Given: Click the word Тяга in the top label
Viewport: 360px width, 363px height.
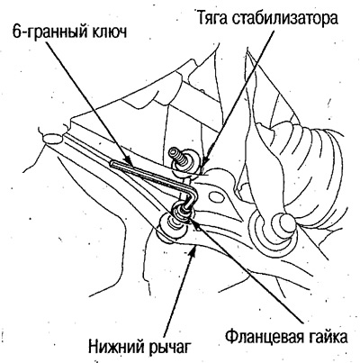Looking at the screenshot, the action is (212, 19).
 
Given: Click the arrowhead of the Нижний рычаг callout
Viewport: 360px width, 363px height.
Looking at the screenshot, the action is (194, 250).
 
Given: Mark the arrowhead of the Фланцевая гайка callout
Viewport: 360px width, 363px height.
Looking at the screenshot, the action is (192, 221).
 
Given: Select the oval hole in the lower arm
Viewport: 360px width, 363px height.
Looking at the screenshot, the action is (217, 197).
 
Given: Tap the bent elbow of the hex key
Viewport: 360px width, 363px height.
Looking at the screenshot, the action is (193, 192).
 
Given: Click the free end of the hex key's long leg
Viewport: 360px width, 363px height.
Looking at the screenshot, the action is (112, 164).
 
